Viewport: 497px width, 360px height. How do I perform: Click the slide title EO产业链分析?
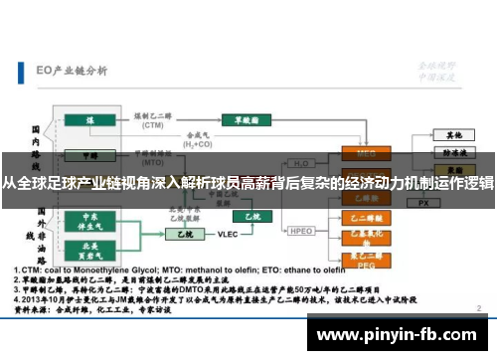(73, 71)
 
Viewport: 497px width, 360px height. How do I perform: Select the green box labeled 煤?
(89, 120)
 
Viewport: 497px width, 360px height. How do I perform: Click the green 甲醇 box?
(89, 156)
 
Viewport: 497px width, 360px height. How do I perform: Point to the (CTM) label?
(152, 126)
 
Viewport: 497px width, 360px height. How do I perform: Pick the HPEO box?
(302, 231)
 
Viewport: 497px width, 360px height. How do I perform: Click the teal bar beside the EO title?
(23, 72)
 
